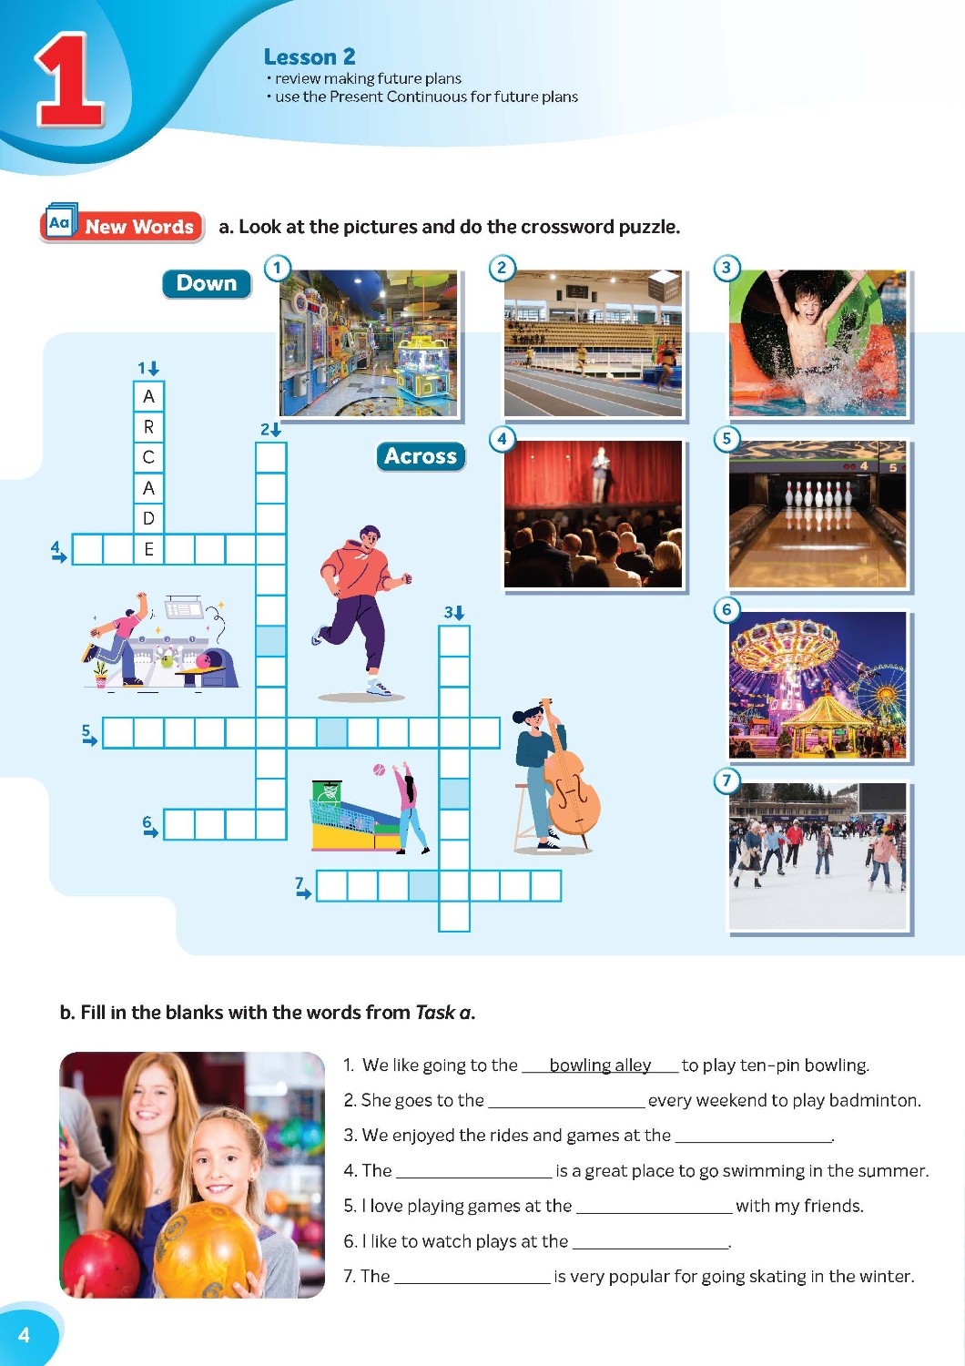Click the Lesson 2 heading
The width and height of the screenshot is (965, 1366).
[x=309, y=56]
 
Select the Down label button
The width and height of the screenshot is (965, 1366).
[x=207, y=283]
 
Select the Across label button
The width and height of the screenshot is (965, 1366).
[x=421, y=456]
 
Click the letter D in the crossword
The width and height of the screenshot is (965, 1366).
[x=148, y=518]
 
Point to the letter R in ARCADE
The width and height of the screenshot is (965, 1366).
[x=148, y=427]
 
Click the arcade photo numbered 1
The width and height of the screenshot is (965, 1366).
[x=368, y=343]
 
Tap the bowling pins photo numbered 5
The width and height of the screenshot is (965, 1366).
[x=818, y=514]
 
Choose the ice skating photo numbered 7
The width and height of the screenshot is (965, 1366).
[x=818, y=856]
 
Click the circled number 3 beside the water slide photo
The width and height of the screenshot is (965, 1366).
[x=726, y=268]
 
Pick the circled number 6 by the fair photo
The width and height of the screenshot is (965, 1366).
[x=726, y=609]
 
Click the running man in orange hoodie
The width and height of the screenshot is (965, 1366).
[x=361, y=610]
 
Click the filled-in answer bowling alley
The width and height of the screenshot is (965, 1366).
[x=600, y=1065]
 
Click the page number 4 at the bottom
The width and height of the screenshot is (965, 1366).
[x=24, y=1336]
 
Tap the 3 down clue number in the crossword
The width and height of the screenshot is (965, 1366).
[x=453, y=612]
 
